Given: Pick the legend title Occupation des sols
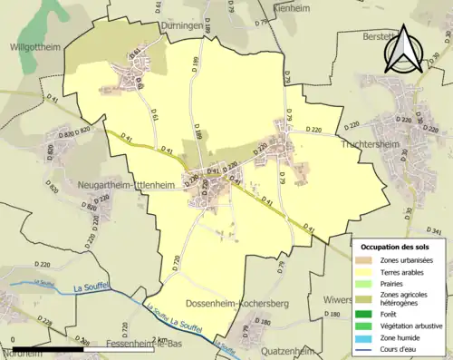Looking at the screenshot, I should coord(400,247).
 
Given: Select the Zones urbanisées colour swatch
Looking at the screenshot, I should coord(368,261).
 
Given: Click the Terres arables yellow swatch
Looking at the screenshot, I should coord(368,272).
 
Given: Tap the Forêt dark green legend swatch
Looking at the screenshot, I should coord(368,311).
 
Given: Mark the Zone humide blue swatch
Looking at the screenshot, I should coord(368,334).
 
